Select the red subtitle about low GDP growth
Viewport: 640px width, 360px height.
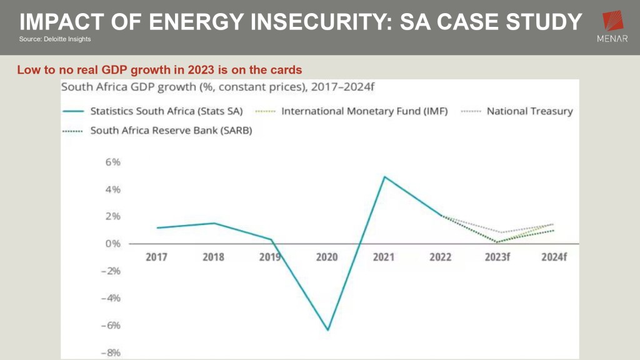(x=159, y=70)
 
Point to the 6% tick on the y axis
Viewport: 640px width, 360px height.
(x=112, y=162)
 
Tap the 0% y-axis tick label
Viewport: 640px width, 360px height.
(x=112, y=244)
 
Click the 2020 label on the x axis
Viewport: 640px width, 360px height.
(x=327, y=257)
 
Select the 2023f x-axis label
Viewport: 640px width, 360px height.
(x=497, y=257)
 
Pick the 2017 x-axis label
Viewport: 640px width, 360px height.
(x=156, y=257)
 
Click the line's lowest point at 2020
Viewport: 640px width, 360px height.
(x=327, y=330)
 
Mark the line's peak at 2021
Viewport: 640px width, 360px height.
(x=384, y=176)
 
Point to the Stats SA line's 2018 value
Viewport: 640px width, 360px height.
(x=213, y=223)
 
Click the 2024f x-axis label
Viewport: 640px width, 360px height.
(x=553, y=257)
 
